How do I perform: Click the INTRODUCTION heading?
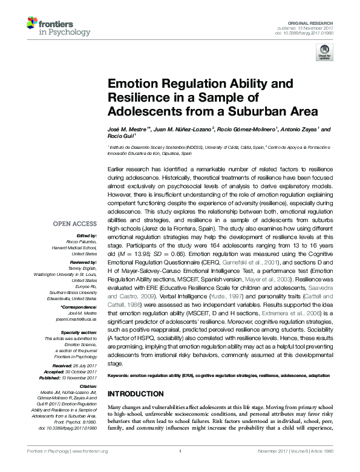(136, 394)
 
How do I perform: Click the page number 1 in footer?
(180, 467)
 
